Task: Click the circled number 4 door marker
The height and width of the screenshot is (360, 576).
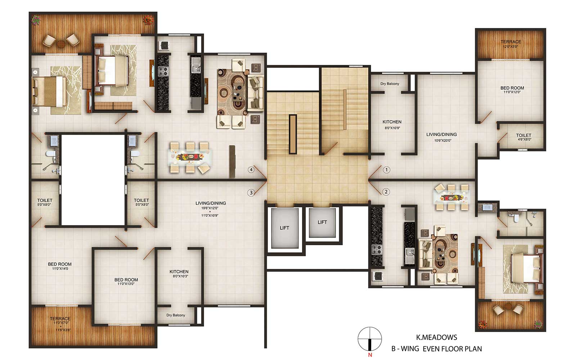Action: tap(251, 170)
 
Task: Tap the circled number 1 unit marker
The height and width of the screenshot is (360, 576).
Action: tap(386, 170)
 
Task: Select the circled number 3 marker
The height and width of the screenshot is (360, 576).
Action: tap(251, 193)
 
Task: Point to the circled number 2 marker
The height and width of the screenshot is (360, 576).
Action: tap(386, 192)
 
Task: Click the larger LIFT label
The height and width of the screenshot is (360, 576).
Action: tap(284, 228)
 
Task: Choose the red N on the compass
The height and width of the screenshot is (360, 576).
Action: tap(370, 355)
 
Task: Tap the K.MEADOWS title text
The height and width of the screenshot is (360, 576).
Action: tap(437, 337)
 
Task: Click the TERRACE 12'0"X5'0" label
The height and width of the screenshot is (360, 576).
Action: tap(511, 44)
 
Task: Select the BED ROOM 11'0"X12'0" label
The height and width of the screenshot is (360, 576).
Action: tap(512, 90)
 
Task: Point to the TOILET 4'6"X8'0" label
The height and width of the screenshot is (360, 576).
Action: tap(523, 137)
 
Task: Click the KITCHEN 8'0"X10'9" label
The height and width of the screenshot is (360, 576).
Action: tap(392, 125)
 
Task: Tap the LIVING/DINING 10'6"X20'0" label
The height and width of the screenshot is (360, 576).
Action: tap(441, 137)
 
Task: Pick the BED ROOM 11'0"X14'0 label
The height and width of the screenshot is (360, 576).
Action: tap(60, 266)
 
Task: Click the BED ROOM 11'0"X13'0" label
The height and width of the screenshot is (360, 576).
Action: tap(126, 281)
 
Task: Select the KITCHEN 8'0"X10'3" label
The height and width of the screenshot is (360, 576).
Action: tap(179, 274)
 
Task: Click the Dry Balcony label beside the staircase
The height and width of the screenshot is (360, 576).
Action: tap(390, 84)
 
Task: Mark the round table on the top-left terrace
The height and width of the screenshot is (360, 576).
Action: tap(61, 44)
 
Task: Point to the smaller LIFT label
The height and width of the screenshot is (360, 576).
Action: tap(322, 222)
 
